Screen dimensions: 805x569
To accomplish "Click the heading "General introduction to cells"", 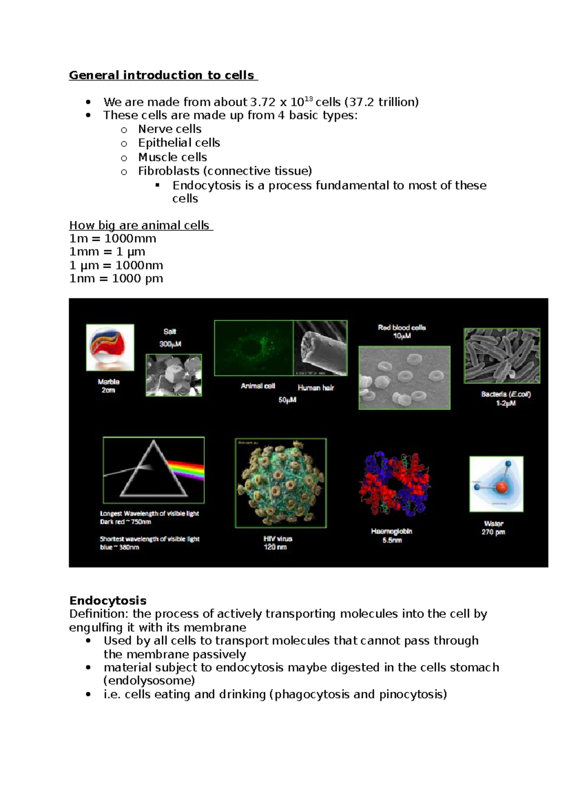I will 161,75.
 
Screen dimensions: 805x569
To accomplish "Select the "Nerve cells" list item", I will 169,129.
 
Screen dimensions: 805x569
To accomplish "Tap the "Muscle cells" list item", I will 172,157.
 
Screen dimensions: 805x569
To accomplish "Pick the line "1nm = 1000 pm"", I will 116,278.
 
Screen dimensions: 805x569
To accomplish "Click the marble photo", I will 110,347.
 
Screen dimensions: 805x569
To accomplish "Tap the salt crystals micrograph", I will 174,375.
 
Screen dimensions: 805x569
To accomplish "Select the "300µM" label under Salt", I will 170,344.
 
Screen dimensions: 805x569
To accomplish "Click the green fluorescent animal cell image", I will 254,348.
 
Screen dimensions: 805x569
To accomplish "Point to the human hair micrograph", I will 321,348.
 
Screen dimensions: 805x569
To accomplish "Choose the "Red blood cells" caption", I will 402,328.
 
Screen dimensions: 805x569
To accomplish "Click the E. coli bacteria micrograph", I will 502,355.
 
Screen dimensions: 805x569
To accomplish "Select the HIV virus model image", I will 281,483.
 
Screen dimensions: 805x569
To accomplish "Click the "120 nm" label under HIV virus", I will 275,547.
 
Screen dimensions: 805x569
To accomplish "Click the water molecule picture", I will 496,484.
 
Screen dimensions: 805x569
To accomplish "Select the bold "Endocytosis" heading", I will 108,601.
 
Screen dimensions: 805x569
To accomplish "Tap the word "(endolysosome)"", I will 149,681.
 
